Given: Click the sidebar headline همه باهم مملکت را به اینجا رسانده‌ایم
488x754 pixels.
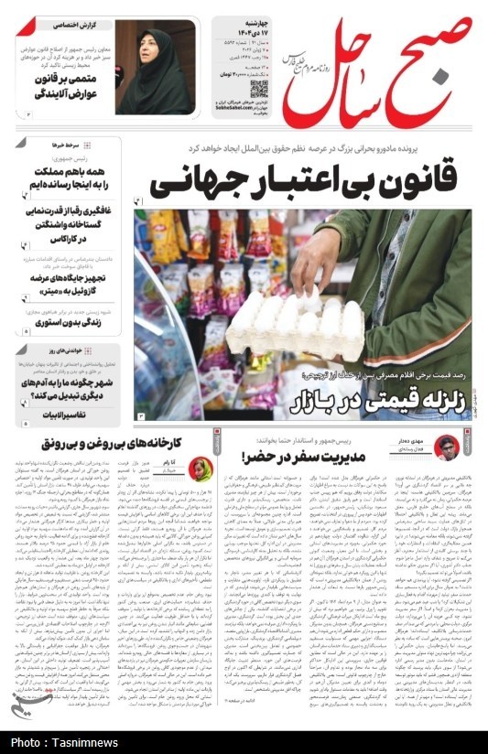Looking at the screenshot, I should click(67, 177).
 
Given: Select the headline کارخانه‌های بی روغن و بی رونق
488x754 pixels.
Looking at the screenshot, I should click(101, 444).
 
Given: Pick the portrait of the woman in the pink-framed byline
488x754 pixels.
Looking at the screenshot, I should click(200, 470).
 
